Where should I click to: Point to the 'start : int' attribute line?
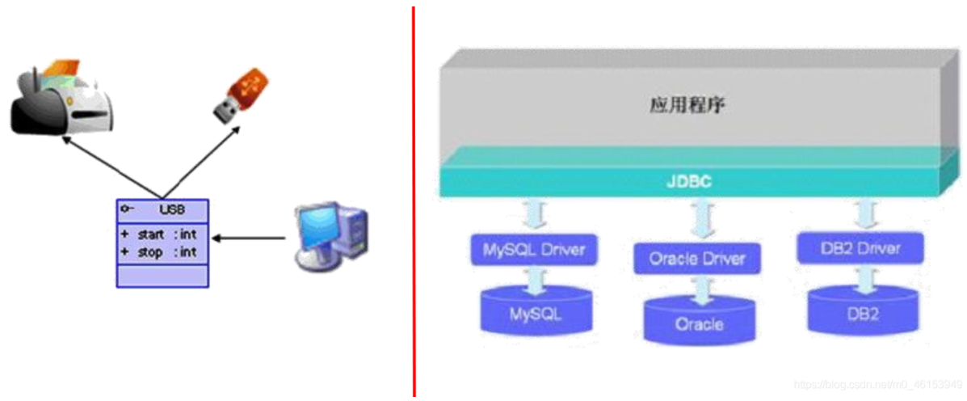point(160,234)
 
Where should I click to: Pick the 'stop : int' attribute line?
point(160,252)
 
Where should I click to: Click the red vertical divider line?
point(414,202)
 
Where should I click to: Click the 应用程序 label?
point(687,106)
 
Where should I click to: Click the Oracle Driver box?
point(697,259)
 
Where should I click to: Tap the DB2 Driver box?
point(860,247)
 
